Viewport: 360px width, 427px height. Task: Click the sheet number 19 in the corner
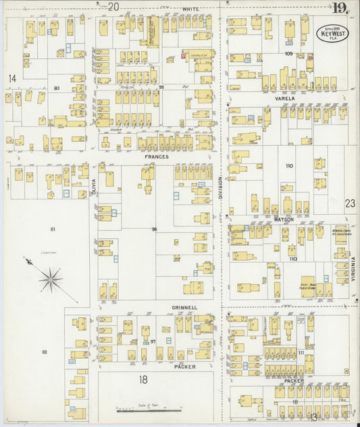coord(340,8)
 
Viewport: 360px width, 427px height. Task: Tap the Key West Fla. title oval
coord(334,34)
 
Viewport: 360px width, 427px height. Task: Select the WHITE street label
coord(190,9)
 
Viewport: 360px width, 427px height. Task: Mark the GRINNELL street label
coord(184,307)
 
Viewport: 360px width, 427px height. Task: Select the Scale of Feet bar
coord(141,409)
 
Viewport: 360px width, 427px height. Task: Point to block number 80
coord(57,89)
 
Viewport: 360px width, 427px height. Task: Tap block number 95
coord(161,89)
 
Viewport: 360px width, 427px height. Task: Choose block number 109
coord(288,53)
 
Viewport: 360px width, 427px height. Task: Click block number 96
coord(155,230)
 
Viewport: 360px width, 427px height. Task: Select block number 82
coord(45,352)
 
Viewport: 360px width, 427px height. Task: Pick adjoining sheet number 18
coord(143,380)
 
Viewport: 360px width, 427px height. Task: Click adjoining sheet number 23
coord(349,203)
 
